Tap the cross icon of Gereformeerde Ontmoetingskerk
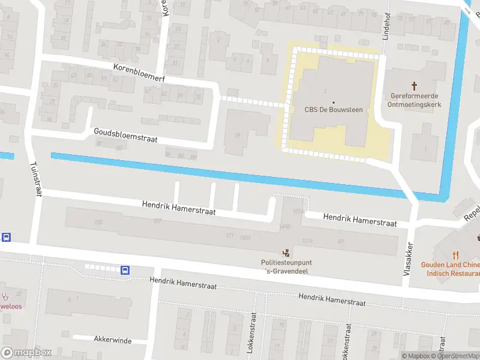pyautogui.click(x=415, y=86)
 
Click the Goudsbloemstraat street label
pyautogui.click(x=125, y=135)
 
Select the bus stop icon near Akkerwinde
pyautogui.click(x=125, y=271)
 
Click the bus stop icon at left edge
pyautogui.click(x=6, y=237)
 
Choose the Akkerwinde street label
pyautogui.click(x=112, y=340)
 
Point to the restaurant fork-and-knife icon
pyautogui.click(x=455, y=254)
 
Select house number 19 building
pyautogui.click(x=238, y=136)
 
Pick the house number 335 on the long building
pyautogui.click(x=98, y=222)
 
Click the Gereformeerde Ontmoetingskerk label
pyautogui.click(x=415, y=100)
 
